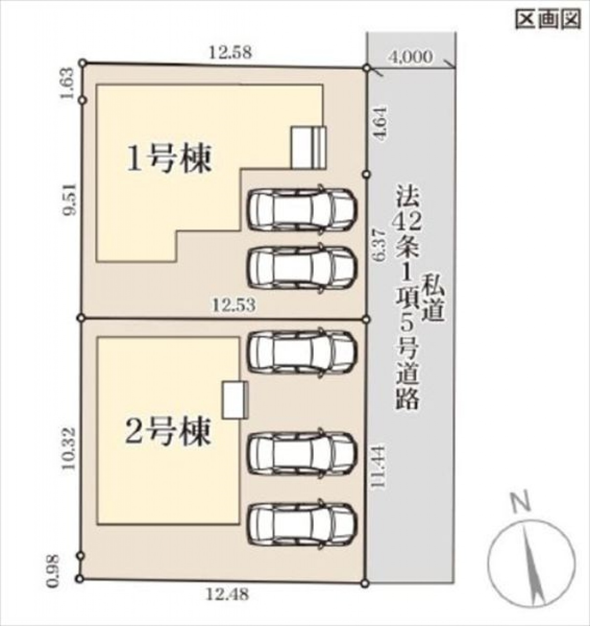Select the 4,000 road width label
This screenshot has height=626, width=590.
tap(411, 57)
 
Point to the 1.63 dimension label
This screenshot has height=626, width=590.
tap(68, 84)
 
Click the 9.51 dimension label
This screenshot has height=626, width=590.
tap(69, 200)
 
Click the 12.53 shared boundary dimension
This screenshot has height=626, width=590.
tap(234, 305)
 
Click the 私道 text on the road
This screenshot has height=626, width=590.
tap(434, 297)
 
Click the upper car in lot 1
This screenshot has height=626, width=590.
tap(303, 208)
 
